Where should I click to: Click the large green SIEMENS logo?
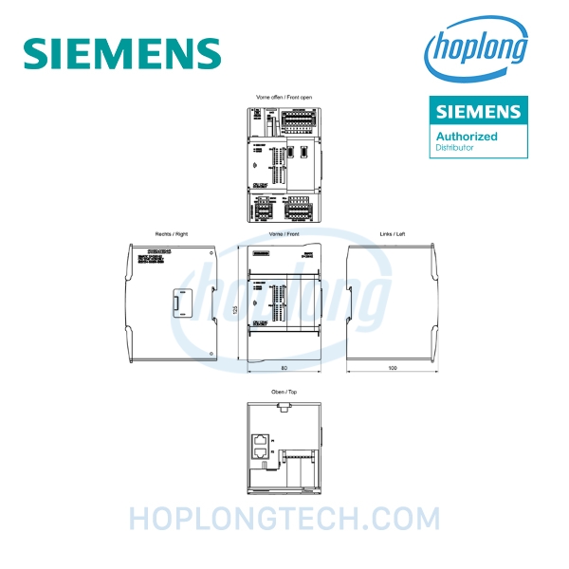coord(122,52)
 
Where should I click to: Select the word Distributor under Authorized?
coord(454,148)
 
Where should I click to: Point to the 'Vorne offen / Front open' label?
coord(284,98)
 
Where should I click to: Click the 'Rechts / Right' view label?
coord(172,233)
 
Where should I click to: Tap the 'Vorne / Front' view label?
coord(284,233)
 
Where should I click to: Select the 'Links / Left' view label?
coord(392,233)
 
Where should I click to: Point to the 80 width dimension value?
coord(284,368)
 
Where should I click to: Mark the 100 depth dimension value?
coord(392,368)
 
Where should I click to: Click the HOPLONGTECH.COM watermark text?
coord(284,519)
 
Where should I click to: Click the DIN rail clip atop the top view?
coord(284,409)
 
